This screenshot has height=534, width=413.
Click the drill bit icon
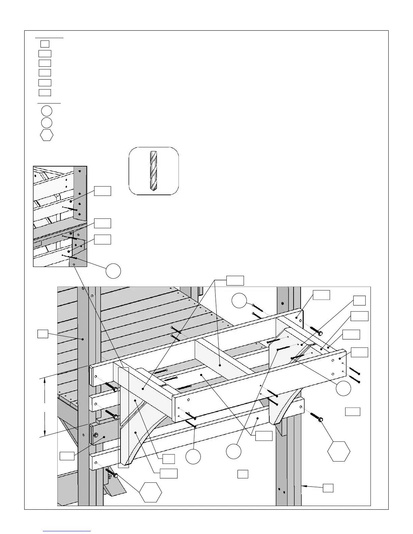154,171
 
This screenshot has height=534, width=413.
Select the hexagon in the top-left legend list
47,135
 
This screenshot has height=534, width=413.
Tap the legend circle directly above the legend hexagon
47,123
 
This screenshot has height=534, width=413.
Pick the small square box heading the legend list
45,44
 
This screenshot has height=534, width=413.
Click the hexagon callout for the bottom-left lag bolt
151,492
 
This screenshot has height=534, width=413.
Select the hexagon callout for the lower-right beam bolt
339,451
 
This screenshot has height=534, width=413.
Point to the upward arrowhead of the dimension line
45,381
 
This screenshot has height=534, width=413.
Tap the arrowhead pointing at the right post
304,486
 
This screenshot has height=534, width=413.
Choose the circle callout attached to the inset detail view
113,271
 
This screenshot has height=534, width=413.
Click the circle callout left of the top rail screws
240,300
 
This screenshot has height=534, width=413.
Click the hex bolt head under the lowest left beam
115,475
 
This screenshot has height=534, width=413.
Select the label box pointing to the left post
42,334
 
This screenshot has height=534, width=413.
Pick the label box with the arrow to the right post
328,488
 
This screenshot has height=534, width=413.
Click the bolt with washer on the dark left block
96,435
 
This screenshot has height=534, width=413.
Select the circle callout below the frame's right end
343,389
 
